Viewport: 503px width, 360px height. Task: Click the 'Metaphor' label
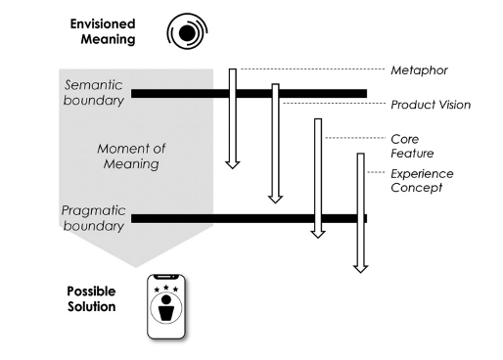pos(415,69)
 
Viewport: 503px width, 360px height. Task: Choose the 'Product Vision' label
pos(431,105)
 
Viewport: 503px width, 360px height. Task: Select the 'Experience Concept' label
pos(424,180)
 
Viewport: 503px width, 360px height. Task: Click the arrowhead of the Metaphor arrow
pos(232,161)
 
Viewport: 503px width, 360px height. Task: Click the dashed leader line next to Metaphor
pos(313,68)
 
